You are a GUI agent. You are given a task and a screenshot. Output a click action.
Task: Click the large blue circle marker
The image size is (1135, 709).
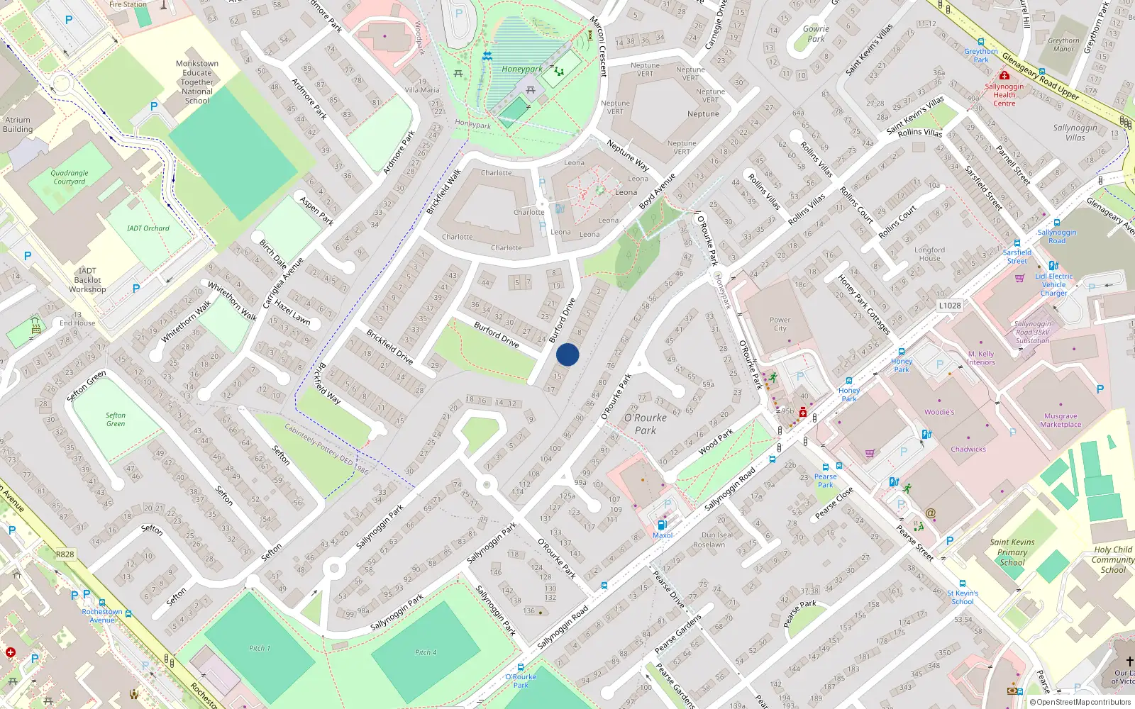coord(567,354)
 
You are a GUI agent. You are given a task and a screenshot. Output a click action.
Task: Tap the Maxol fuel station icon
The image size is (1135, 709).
coord(662,525)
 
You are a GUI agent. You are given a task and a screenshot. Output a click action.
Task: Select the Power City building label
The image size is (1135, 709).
coord(780,324)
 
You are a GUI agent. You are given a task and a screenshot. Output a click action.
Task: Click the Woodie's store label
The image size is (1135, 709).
coord(939,412)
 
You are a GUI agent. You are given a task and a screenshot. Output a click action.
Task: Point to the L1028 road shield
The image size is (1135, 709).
coord(950,306)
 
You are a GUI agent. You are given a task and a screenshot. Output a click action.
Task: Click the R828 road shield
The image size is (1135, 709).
coord(65,554)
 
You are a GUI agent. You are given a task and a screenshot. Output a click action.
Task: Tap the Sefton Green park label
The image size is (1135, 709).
coord(116,420)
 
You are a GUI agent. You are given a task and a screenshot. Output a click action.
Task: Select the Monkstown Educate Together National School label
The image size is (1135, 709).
coord(197,82)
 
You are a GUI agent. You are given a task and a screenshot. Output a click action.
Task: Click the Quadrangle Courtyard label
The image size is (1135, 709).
coord(70,177)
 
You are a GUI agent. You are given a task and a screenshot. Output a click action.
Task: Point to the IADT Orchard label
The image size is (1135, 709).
coord(148,228)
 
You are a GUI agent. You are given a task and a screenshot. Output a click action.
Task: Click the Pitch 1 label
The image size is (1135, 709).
coord(260,648)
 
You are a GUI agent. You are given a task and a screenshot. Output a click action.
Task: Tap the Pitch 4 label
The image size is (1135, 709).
coord(426,652)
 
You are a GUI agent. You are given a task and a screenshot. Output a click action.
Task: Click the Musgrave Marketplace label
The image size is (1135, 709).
coord(1061,420)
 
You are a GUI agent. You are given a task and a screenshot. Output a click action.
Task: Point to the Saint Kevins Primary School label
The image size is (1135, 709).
coord(1012,552)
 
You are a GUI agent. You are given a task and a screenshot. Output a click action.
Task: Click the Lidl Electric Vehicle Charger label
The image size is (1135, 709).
coord(1053,284)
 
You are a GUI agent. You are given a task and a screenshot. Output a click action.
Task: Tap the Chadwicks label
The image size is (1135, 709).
coord(968,449)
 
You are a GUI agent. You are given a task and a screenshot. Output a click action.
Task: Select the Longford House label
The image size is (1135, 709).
coord(929,254)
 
